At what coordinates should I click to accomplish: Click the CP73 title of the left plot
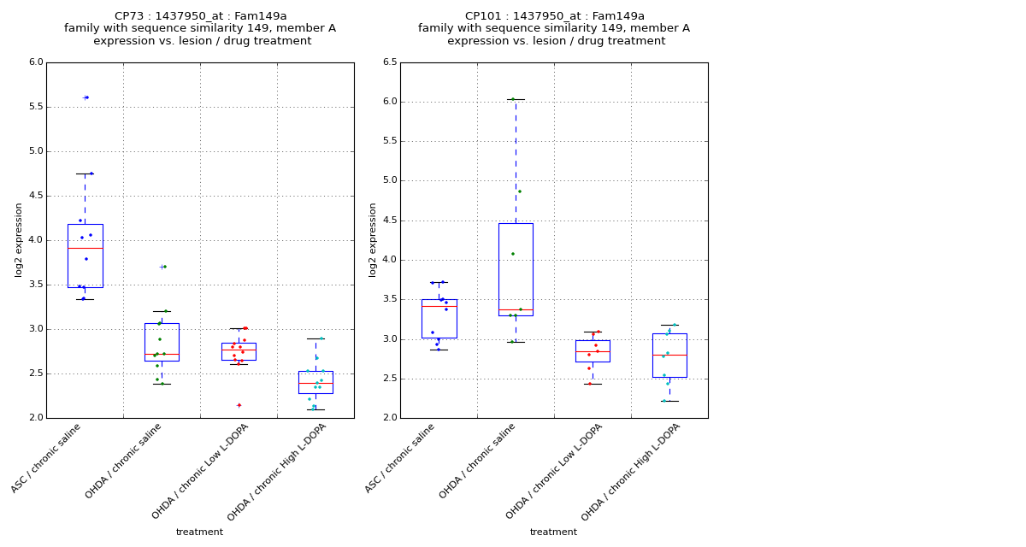coord(200,16)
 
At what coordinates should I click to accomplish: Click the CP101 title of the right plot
coord(554,16)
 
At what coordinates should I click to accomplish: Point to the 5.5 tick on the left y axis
coord(36,107)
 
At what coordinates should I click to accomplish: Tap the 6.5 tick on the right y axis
coord(390,62)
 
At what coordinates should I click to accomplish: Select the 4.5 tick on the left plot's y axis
coord(36,196)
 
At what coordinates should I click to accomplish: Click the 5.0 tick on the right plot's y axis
coord(390,180)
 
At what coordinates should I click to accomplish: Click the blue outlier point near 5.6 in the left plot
coord(86,97)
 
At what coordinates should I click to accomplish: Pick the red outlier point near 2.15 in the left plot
coord(239,405)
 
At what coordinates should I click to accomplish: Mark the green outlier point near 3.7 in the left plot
coord(163,267)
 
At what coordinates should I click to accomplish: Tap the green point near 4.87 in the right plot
coord(519,191)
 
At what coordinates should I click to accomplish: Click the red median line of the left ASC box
coord(85,248)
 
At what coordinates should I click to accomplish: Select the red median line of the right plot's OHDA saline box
coord(516,310)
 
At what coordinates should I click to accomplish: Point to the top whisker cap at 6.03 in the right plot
coord(516,99)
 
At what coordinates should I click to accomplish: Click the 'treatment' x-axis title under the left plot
coord(199,532)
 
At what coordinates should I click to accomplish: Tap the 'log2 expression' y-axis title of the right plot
coord(373,239)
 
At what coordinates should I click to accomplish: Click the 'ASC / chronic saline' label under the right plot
coord(400,458)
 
